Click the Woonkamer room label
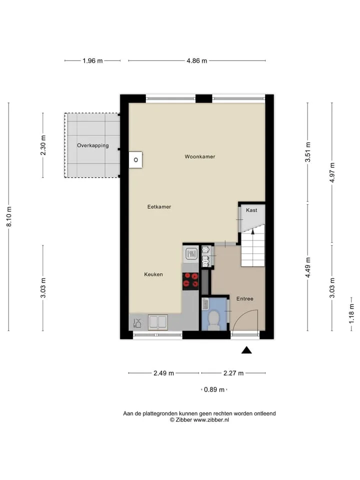tap(200, 156)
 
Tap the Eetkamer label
tap(159, 207)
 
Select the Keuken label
tap(153, 274)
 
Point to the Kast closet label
tap(251, 210)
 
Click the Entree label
tap(245, 299)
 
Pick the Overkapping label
tap(93, 145)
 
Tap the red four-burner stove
tap(190, 281)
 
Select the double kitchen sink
tap(158, 322)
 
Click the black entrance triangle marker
tap(246, 350)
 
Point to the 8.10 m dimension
tap(9, 216)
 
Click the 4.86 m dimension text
tap(197, 61)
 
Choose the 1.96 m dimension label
tap(92, 61)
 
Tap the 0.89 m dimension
tap(214, 389)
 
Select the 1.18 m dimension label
tap(351, 313)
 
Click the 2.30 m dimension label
tap(43, 145)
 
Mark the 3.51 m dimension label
tap(308, 152)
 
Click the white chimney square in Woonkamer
tap(135, 160)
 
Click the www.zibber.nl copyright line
tap(199, 420)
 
